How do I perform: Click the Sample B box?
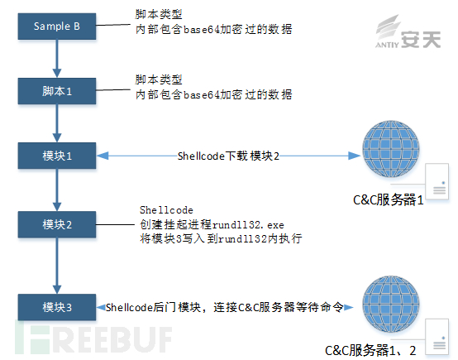(57, 26)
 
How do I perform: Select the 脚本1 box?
(57, 91)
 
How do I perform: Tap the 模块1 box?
(57, 156)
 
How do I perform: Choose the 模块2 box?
(57, 224)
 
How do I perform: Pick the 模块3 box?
(57, 307)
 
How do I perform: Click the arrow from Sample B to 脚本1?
(57, 59)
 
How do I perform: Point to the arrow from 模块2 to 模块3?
(57, 266)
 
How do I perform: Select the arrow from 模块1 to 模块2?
(57, 190)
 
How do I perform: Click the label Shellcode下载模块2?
(228, 156)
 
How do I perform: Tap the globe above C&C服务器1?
(391, 149)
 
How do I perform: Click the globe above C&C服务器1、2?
(391, 305)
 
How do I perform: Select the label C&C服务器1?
(389, 200)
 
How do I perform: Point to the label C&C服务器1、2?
(370, 350)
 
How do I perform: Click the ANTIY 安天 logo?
(408, 32)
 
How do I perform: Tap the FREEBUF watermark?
(93, 338)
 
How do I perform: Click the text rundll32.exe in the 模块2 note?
(248, 225)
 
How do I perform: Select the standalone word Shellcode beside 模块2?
(166, 210)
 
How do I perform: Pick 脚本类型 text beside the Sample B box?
(159, 14)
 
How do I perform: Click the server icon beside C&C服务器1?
(437, 181)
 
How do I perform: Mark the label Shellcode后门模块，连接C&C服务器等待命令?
(224, 307)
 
